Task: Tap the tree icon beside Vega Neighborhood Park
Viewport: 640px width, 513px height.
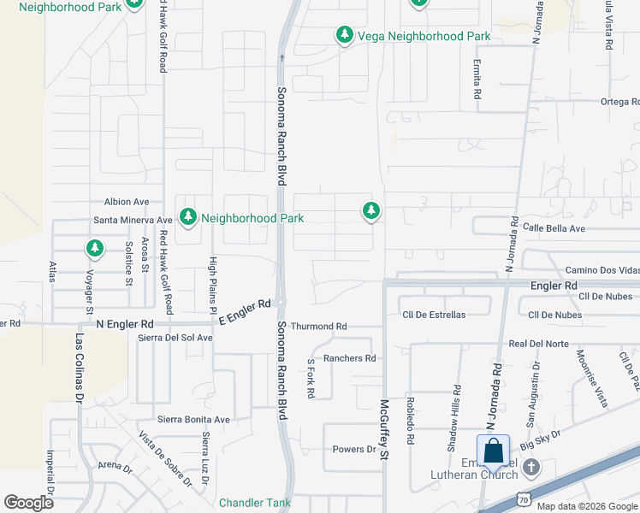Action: pos(344,35)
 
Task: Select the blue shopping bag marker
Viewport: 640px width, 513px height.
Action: pos(494,451)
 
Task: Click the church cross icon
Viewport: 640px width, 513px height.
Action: pos(531,467)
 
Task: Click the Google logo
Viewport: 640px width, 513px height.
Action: pos(28,503)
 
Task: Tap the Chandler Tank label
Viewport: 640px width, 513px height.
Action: pos(255,503)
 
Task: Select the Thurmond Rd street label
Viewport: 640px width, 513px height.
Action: pos(318,327)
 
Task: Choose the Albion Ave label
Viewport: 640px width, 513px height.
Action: pos(127,202)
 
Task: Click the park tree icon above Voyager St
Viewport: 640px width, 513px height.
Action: pos(94,249)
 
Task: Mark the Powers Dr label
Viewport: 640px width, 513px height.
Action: pos(354,450)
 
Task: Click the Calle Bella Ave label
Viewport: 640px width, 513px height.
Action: pos(554,228)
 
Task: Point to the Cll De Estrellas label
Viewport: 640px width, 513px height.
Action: pos(434,315)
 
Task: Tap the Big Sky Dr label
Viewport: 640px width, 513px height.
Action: pos(540,443)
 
